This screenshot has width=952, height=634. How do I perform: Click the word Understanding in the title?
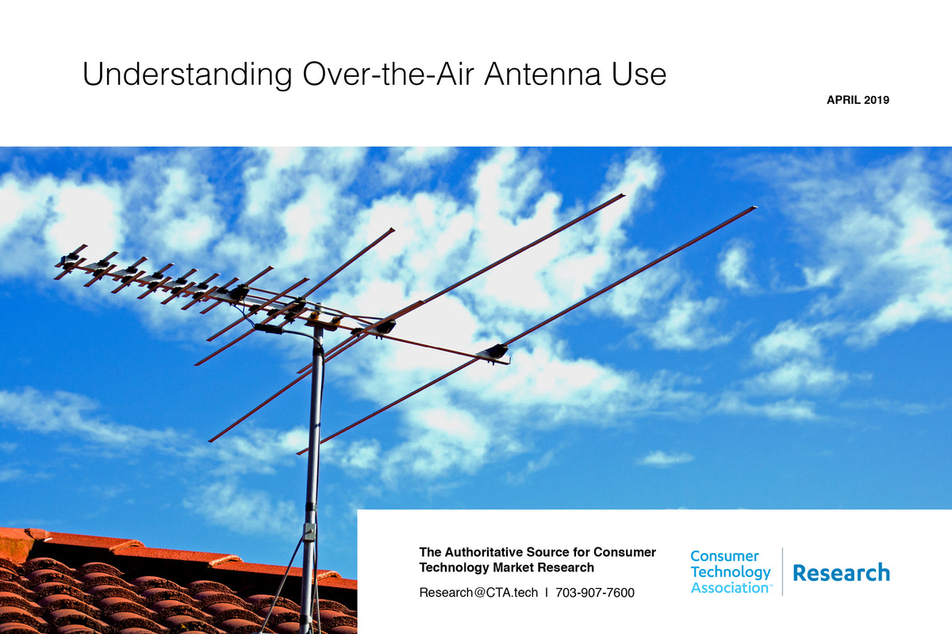[187, 75]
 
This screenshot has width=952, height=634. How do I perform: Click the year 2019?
[879, 100]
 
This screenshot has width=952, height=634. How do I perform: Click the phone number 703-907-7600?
[595, 592]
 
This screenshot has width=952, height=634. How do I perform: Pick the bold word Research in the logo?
[841, 572]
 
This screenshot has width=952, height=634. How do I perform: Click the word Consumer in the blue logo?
[724, 556]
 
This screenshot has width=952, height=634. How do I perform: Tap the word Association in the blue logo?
[728, 588]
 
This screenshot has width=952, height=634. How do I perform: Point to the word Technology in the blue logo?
[730, 572]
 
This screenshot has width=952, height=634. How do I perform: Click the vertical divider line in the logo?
[782, 571]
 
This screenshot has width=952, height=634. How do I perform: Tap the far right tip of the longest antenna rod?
[754, 208]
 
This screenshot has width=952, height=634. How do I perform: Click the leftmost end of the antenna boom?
[58, 262]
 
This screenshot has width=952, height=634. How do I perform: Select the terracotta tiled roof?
[119, 587]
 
